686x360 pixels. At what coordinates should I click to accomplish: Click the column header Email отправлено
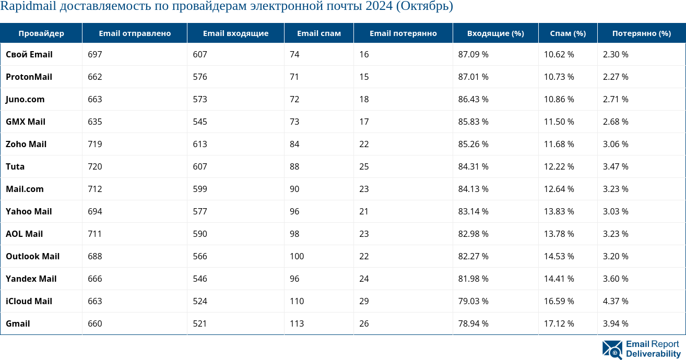[x=135, y=33]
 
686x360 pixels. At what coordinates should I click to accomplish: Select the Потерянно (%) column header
[x=641, y=33]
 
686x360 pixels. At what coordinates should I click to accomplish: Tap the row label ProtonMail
[x=29, y=77]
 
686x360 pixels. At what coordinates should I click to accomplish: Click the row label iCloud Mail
[x=29, y=301]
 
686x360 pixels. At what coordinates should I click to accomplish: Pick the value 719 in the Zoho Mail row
[x=95, y=144]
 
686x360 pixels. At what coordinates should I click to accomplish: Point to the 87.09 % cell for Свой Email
[x=473, y=54]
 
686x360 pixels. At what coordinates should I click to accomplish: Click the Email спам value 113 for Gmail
[x=297, y=323]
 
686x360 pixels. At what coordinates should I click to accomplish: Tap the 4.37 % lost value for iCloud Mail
[x=616, y=301]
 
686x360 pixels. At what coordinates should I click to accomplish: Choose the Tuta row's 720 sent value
[x=95, y=166]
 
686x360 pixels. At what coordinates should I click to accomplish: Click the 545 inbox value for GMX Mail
[x=200, y=122]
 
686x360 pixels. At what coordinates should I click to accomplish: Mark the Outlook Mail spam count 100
[x=297, y=256]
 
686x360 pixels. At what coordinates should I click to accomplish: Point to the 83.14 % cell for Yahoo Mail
[x=473, y=211]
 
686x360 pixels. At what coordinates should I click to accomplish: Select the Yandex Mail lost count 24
[x=364, y=279]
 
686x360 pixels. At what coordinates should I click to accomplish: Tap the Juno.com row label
[x=25, y=99]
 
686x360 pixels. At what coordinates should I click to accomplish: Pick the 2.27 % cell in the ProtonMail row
[x=616, y=77]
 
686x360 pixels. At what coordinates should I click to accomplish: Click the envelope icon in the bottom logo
[x=612, y=350]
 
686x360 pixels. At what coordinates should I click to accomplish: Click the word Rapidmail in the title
[x=28, y=6]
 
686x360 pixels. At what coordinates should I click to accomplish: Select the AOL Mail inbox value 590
[x=200, y=234]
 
